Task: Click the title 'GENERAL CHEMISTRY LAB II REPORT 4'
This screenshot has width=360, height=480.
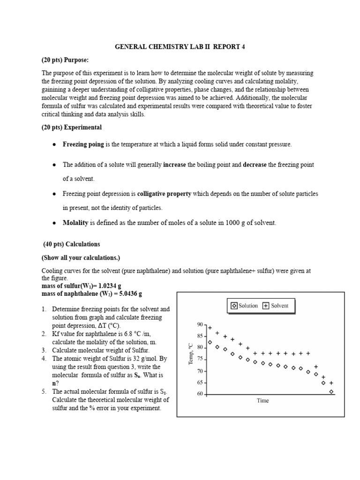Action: pyautogui.click(x=180, y=47)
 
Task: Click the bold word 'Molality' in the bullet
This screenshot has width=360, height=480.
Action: pyautogui.click(x=75, y=223)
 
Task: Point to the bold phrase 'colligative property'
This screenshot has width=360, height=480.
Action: pyautogui.click(x=164, y=194)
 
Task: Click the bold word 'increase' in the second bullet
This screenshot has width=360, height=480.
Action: pyautogui.click(x=174, y=165)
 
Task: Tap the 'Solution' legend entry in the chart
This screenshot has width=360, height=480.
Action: pyautogui.click(x=244, y=306)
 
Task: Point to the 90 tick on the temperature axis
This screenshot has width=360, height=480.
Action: pyautogui.click(x=200, y=324)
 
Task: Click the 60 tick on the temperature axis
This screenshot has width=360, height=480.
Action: pyautogui.click(x=200, y=394)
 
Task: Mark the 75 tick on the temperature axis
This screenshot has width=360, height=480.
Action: pyautogui.click(x=200, y=359)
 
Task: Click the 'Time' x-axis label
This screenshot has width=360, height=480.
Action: pyautogui.click(x=262, y=401)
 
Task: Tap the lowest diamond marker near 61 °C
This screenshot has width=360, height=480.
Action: pyautogui.click(x=331, y=391)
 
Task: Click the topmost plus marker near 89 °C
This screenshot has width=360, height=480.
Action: pyautogui.click(x=210, y=328)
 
